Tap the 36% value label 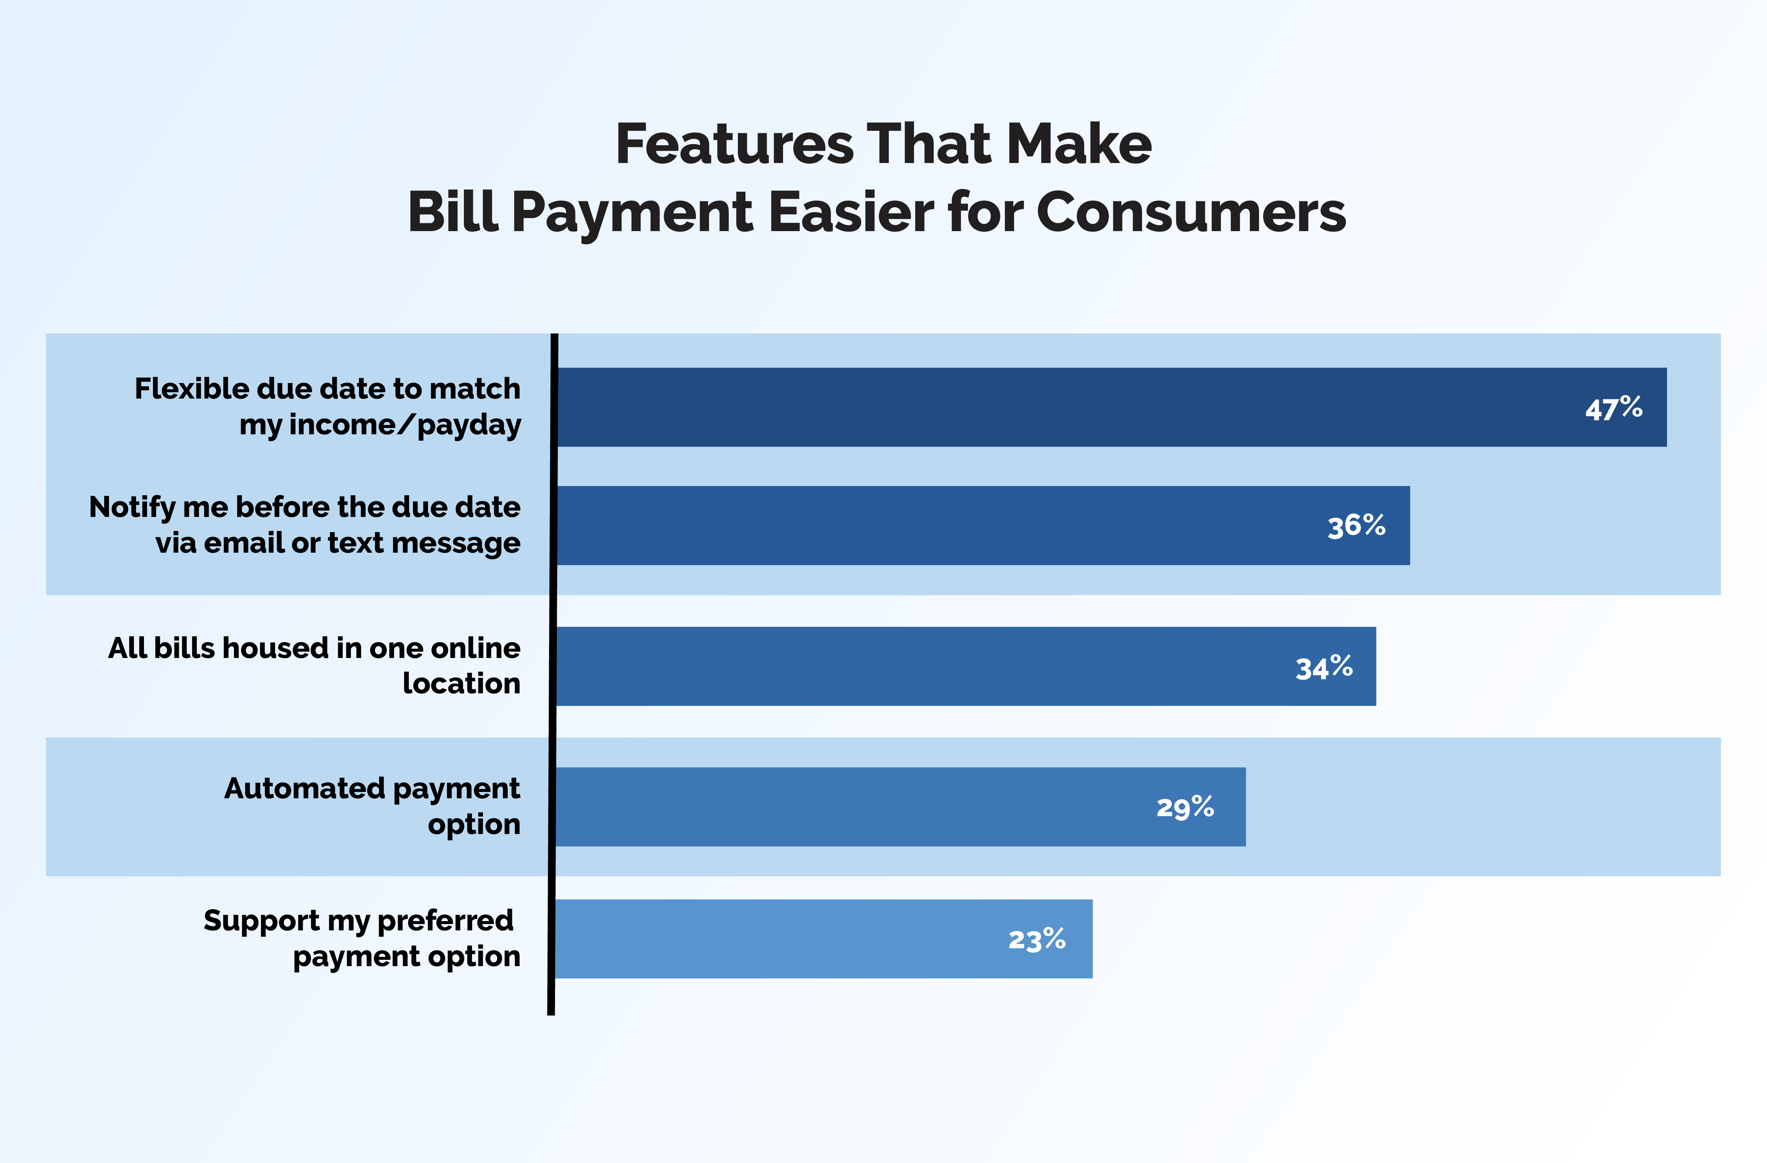1356,526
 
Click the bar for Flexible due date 1112,407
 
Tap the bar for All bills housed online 966,666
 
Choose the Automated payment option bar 901,806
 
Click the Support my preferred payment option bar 824,939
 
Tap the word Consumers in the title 1191,213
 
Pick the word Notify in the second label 132,507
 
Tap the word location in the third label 461,683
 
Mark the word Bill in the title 452,213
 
